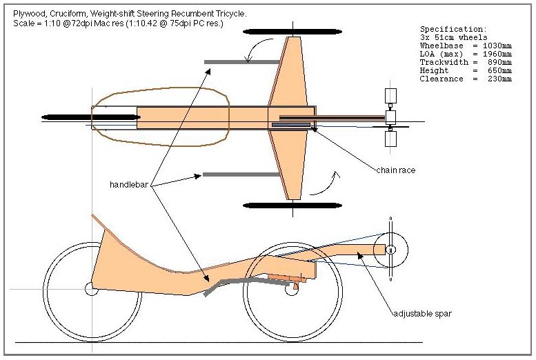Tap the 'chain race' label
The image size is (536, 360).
click(395, 170)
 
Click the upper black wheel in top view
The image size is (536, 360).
click(292, 32)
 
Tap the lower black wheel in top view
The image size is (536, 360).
click(292, 205)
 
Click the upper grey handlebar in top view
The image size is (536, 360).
click(235, 62)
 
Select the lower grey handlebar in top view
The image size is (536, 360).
click(234, 174)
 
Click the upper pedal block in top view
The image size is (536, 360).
click(390, 96)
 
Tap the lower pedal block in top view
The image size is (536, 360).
click(390, 139)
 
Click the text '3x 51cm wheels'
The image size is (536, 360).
click(456, 37)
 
